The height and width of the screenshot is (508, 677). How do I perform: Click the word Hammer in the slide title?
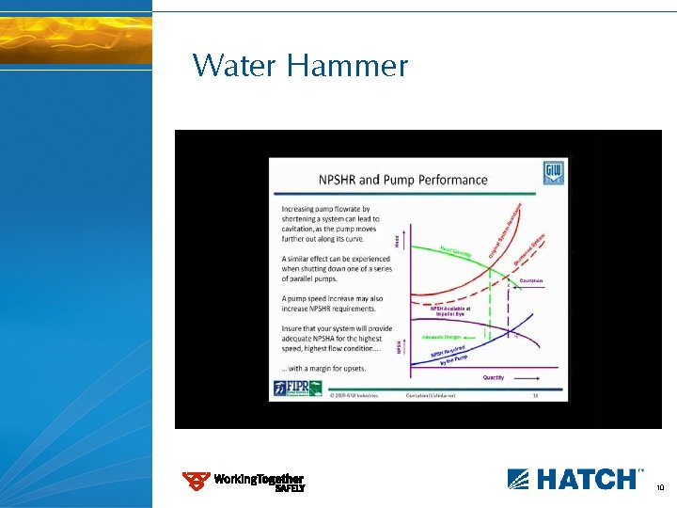[x=348, y=67]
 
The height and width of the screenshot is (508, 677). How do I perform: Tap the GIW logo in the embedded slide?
[x=554, y=173]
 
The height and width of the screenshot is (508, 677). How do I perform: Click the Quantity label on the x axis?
[x=493, y=377]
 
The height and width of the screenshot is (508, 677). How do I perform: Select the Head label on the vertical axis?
[x=407, y=241]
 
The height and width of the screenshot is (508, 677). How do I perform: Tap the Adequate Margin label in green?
[x=441, y=336]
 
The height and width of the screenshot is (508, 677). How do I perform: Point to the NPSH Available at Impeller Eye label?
[x=451, y=310]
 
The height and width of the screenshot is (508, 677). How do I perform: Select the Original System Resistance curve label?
[x=505, y=231]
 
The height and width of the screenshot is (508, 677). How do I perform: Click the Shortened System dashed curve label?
[x=529, y=249]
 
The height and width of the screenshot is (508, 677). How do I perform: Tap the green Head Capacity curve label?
[x=457, y=252]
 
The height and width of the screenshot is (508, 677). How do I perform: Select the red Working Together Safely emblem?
[x=196, y=481]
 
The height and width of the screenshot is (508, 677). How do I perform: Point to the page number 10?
[x=660, y=488]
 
